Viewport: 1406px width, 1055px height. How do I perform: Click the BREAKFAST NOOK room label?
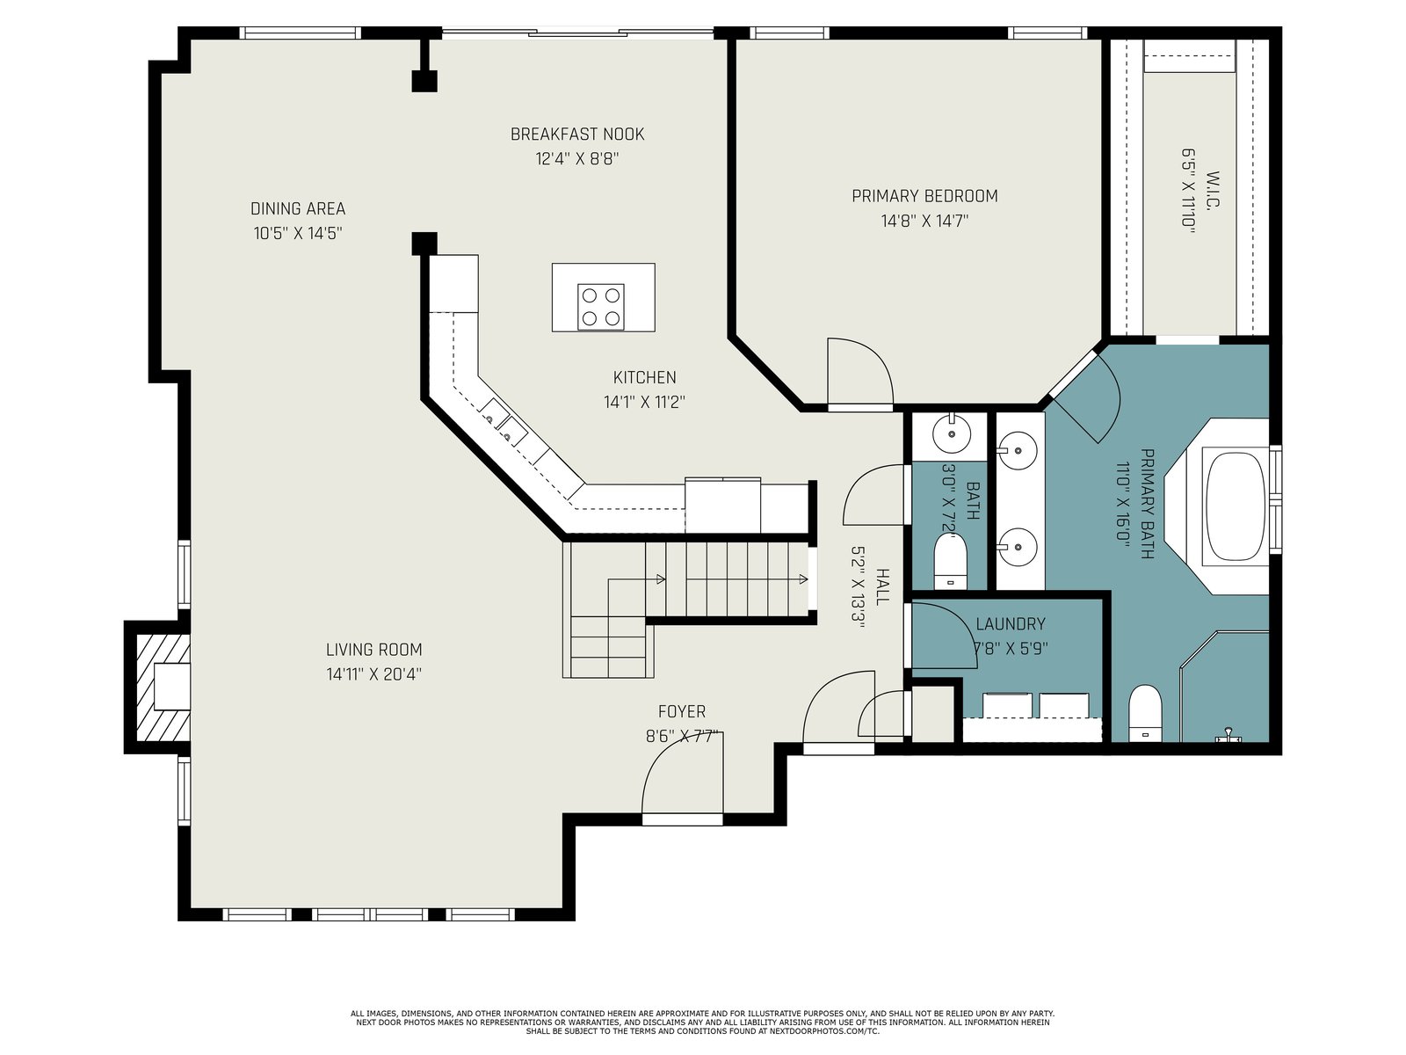pyautogui.click(x=577, y=134)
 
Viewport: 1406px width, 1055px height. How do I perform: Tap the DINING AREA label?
pyautogui.click(x=298, y=208)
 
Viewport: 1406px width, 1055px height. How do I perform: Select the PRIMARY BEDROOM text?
pyautogui.click(x=924, y=195)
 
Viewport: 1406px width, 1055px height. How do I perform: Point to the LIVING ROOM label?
pyautogui.click(x=374, y=650)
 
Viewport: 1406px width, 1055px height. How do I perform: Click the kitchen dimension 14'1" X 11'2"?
pyautogui.click(x=644, y=402)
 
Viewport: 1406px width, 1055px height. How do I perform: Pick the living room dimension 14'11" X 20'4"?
pyautogui.click(x=374, y=673)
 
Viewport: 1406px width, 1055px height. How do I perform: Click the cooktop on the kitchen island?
pyautogui.click(x=601, y=307)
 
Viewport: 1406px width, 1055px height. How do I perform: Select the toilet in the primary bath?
pyautogui.click(x=1145, y=713)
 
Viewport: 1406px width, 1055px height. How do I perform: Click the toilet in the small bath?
pyautogui.click(x=951, y=561)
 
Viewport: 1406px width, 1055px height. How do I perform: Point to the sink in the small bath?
pyautogui.click(x=952, y=433)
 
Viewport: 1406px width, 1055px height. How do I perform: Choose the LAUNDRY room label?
pyautogui.click(x=1011, y=623)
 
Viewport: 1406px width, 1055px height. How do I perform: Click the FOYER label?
pyautogui.click(x=682, y=711)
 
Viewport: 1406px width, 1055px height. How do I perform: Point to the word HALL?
pyautogui.click(x=882, y=586)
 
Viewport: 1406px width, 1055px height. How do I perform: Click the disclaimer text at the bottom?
pyautogui.click(x=703, y=1022)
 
